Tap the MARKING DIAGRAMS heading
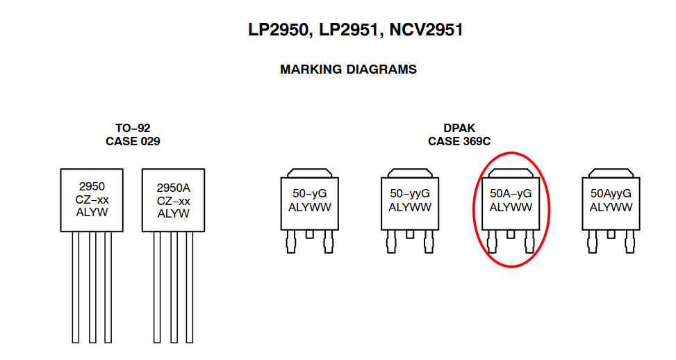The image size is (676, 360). [x=348, y=69]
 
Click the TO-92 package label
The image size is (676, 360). [x=133, y=128]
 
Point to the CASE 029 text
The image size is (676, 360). [x=133, y=141]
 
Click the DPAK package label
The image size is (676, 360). [x=459, y=128]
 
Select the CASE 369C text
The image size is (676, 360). [x=459, y=141]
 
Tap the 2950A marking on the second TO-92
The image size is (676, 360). [x=173, y=188]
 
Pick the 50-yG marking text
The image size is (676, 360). [x=309, y=193]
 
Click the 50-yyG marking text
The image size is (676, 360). [x=410, y=193]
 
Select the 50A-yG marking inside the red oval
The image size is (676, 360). [x=511, y=193]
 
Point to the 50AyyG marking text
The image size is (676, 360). [x=611, y=193]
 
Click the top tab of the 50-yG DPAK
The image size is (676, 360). [x=309, y=172]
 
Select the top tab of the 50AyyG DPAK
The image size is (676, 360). [x=611, y=172]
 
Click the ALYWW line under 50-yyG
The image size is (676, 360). [x=410, y=207]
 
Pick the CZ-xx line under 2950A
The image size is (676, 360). [x=173, y=201]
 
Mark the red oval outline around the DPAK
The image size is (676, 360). [x=549, y=208]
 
